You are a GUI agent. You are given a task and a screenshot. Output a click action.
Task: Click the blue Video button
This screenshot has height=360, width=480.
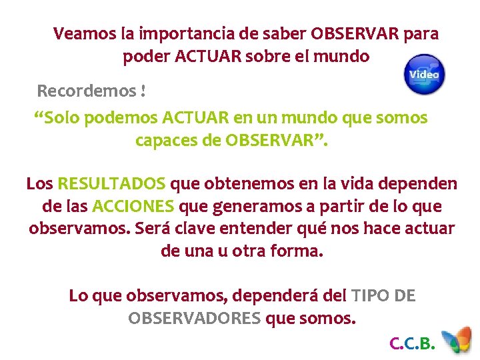pyautogui.click(x=425, y=74)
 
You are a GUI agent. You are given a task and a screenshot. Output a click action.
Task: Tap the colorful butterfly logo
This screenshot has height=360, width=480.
pyautogui.click(x=459, y=341)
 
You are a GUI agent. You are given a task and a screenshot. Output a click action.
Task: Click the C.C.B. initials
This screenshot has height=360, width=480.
pyautogui.click(x=412, y=344)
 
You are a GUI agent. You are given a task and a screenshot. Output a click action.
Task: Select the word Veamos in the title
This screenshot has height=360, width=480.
pyautogui.click(x=77, y=33)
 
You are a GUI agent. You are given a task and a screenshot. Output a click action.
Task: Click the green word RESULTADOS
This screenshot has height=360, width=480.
pyautogui.click(x=112, y=183)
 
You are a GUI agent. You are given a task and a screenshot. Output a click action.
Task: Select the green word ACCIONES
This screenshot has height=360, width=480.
pyautogui.click(x=133, y=206)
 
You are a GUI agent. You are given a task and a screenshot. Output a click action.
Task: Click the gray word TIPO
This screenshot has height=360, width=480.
pyautogui.click(x=370, y=295)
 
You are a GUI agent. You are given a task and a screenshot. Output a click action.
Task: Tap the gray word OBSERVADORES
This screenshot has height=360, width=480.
pyautogui.click(x=194, y=318)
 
